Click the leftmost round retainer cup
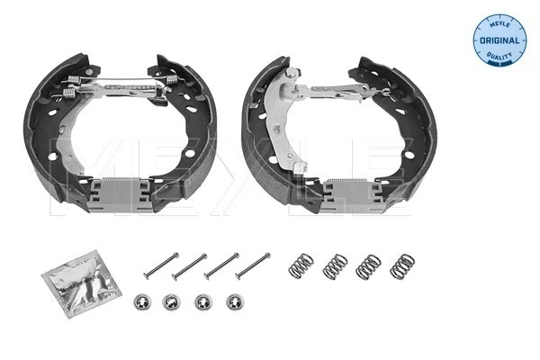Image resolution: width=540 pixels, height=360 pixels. (140, 301)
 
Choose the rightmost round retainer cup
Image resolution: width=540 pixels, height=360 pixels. (236, 302)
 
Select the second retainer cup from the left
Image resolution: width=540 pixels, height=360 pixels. (172, 301)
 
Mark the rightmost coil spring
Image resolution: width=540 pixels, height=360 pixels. (402, 266)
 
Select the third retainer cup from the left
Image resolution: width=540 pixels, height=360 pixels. (204, 302)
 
